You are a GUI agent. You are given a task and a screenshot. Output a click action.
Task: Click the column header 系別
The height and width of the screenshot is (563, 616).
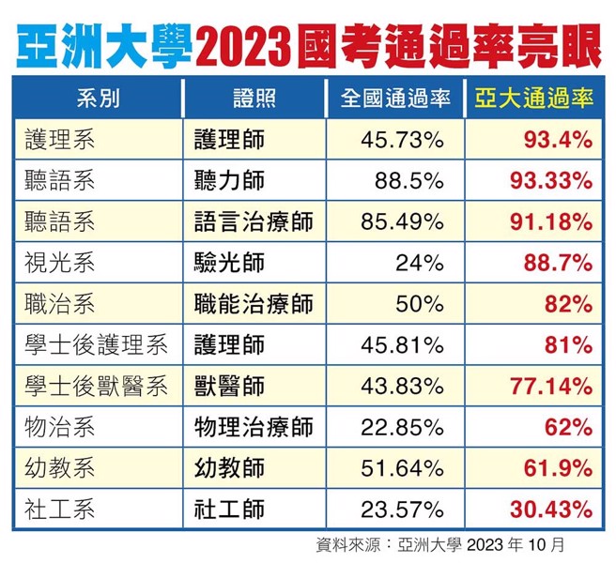tap(97, 99)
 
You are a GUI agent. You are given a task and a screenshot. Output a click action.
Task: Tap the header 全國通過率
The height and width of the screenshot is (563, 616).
tap(395, 99)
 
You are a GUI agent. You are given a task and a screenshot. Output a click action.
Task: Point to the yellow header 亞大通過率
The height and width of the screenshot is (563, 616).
tap(534, 99)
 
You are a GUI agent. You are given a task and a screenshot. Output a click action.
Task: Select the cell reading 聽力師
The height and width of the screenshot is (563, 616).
tap(229, 182)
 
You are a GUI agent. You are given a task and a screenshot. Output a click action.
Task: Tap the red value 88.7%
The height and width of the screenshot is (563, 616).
tap(557, 264)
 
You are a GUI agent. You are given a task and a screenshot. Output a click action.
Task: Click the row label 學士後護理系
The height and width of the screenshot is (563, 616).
tap(97, 345)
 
